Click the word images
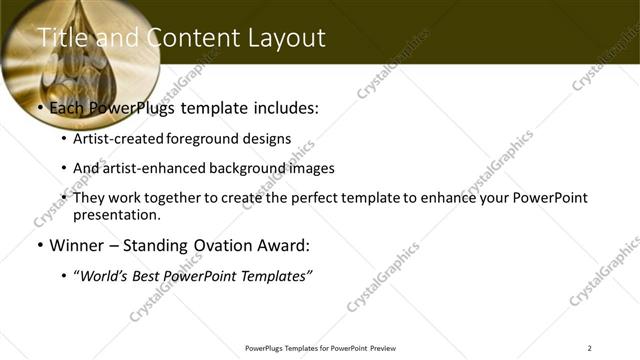click(x=310, y=169)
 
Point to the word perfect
click(x=301, y=198)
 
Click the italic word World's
click(x=106, y=275)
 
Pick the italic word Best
click(x=157, y=275)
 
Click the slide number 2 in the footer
click(x=589, y=348)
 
